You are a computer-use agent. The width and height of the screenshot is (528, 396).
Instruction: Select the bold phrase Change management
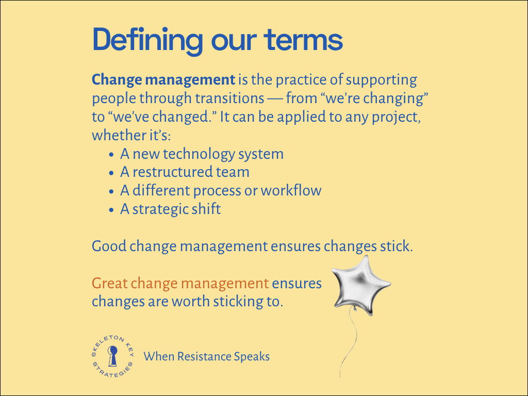pyautogui.click(x=163, y=80)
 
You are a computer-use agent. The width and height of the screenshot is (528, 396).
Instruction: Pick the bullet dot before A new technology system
pyautogui.click(x=112, y=155)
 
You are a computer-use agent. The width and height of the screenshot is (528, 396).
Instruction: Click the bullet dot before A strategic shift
pyautogui.click(x=112, y=210)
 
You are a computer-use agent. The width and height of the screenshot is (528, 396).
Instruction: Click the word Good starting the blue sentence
pyautogui.click(x=109, y=246)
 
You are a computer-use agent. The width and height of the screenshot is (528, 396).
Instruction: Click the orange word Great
pyautogui.click(x=109, y=283)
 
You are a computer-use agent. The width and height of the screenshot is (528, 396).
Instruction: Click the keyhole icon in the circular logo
pyautogui.click(x=112, y=355)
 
